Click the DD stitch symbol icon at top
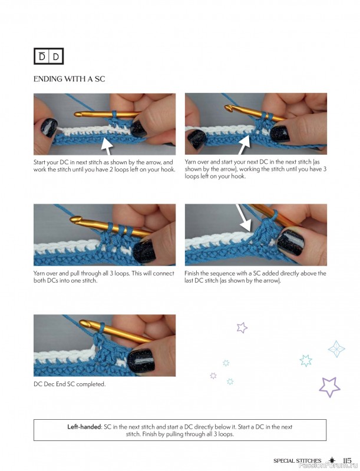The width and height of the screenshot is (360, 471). pyautogui.click(x=48, y=57)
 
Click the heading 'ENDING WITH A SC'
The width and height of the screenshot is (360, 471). pyautogui.click(x=69, y=79)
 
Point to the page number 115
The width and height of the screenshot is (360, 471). pyautogui.click(x=347, y=461)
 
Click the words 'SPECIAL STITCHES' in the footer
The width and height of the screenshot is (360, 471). pyautogui.click(x=297, y=461)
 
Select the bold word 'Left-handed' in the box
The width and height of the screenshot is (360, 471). pyautogui.click(x=87, y=426)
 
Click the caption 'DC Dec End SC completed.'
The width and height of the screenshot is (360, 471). pyautogui.click(x=70, y=384)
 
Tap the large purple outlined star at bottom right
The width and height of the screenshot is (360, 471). pyautogui.click(x=330, y=386)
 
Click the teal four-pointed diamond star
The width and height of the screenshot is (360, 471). pyautogui.click(x=336, y=349)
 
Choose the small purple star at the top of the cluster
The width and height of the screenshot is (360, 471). pyautogui.click(x=241, y=327)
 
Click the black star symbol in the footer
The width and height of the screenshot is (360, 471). pyautogui.click(x=332, y=460)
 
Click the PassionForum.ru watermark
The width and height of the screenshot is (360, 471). pyautogui.click(x=326, y=467)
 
